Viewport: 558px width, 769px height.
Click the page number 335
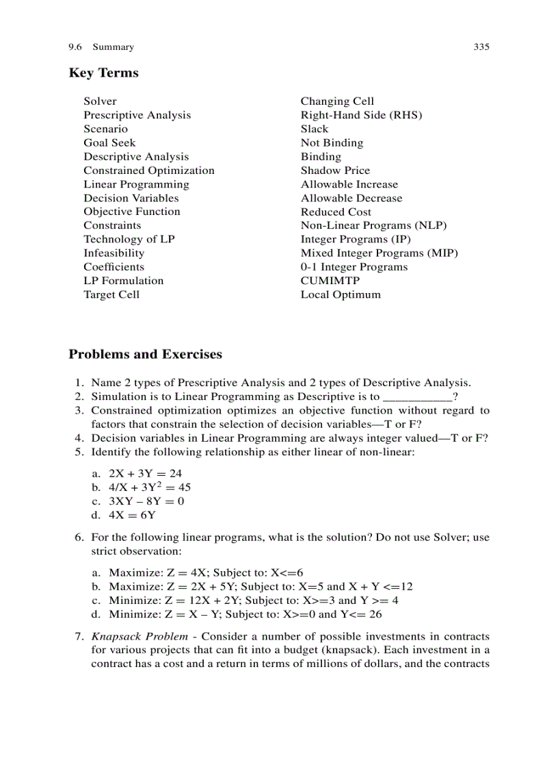481,47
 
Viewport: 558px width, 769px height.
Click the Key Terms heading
103,73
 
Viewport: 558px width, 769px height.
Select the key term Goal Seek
109,143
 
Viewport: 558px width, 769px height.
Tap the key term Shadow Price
335,171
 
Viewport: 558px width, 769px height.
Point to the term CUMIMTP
330,281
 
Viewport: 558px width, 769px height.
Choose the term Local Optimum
341,294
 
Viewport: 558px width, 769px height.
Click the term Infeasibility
114,253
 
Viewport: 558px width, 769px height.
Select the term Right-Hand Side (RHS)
361,115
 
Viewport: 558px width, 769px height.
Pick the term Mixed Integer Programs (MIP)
379,253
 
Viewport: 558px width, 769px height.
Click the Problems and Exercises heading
145,355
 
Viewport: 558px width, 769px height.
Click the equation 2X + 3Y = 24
146,474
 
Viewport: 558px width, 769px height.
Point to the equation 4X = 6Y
133,515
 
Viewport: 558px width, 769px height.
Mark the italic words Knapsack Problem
139,637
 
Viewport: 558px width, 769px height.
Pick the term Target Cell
111,294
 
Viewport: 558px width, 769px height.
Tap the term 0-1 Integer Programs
354,267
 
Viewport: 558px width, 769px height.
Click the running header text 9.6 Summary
101,47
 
